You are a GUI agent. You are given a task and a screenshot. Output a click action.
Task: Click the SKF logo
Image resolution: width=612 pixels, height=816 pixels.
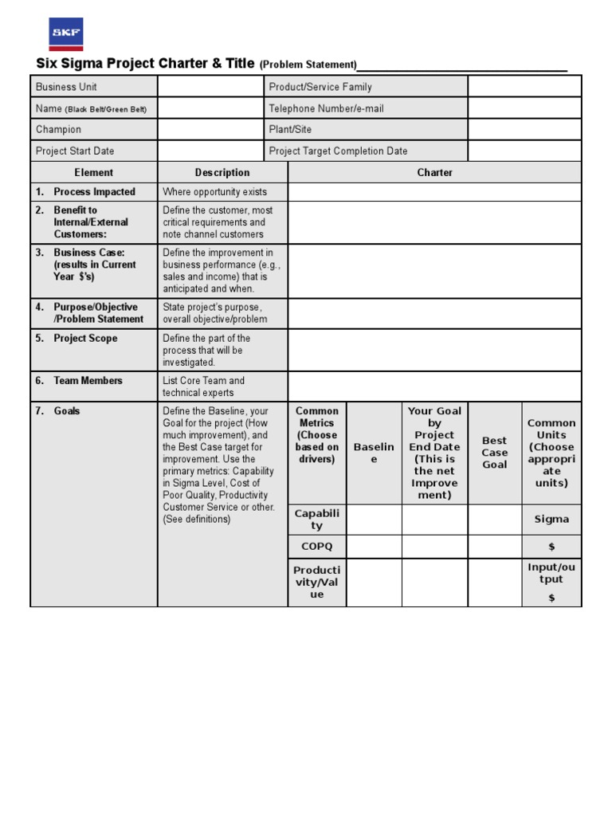point(65,33)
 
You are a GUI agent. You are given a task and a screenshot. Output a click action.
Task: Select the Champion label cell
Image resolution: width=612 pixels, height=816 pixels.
point(93,129)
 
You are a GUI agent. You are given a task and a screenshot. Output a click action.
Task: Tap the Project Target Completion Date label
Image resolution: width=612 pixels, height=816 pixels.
point(339,151)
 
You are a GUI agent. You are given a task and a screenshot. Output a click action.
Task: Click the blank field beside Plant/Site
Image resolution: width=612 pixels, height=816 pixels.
point(524,129)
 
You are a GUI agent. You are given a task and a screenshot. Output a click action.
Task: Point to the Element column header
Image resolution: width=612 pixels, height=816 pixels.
point(94,172)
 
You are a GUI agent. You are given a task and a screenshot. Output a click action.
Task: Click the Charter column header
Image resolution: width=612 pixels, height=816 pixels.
point(434,172)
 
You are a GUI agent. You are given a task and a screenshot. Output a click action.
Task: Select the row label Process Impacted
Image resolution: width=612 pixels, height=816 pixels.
point(94,192)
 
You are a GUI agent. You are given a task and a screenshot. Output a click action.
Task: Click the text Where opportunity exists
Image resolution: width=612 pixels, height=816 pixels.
point(215,192)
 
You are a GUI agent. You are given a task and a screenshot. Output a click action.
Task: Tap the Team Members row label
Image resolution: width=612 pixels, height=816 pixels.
point(88,381)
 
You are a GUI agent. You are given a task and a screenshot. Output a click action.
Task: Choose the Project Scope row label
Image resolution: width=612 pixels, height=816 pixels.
point(85,339)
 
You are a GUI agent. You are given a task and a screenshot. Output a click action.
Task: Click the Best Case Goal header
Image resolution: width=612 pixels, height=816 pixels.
point(494,453)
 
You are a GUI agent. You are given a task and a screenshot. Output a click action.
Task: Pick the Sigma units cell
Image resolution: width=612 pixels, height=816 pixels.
point(551,519)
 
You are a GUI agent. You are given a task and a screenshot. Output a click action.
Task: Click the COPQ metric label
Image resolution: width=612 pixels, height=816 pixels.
point(316,547)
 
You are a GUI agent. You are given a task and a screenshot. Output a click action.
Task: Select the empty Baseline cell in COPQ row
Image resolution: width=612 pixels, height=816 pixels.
point(374,547)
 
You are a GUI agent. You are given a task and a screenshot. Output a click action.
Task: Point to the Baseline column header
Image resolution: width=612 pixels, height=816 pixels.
point(374,453)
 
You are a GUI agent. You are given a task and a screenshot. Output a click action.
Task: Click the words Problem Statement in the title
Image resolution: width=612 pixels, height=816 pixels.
point(308,65)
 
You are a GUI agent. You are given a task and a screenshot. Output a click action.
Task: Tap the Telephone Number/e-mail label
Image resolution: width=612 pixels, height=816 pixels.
point(326,108)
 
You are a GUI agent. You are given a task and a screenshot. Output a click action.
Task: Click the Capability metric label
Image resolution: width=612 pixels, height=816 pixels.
point(316,519)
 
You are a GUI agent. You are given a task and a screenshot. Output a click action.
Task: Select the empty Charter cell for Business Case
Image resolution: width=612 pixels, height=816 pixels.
point(434,270)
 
